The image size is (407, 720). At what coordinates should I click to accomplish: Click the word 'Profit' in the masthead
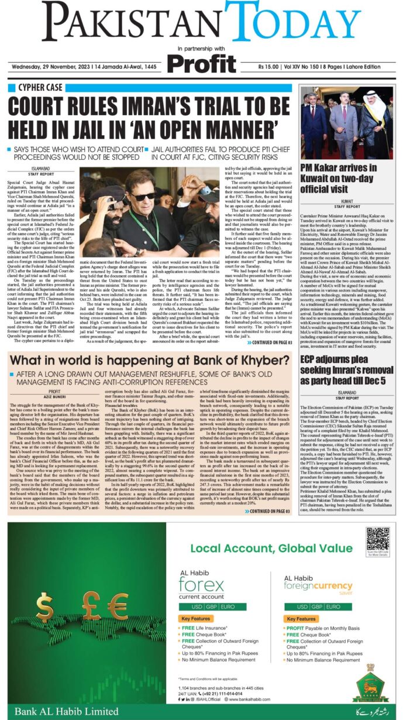[x=203, y=64]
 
